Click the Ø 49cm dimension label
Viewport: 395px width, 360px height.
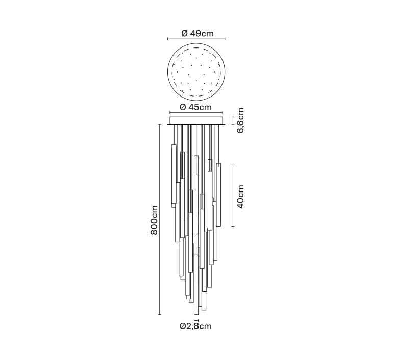197,33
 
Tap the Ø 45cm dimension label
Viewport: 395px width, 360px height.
196,107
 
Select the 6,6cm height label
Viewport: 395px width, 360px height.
240,121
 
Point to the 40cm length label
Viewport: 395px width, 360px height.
240,197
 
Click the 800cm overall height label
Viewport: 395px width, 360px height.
154,220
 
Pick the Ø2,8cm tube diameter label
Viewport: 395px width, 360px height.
196,326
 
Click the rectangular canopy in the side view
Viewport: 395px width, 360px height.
196,121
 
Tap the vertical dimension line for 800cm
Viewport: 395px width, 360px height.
159,220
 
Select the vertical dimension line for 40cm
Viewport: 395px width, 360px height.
233,197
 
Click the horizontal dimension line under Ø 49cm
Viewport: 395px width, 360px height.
196,39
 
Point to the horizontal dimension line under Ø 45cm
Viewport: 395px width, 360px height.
196,113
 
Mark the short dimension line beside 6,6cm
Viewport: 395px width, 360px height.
233,121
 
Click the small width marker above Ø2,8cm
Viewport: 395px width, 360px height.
196,320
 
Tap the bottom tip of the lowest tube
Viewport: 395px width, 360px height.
196,315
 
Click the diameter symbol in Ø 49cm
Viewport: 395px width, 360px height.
185,33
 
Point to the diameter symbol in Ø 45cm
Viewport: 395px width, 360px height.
183,107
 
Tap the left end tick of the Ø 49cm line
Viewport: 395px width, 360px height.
168,39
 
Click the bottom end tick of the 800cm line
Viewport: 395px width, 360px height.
159,315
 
